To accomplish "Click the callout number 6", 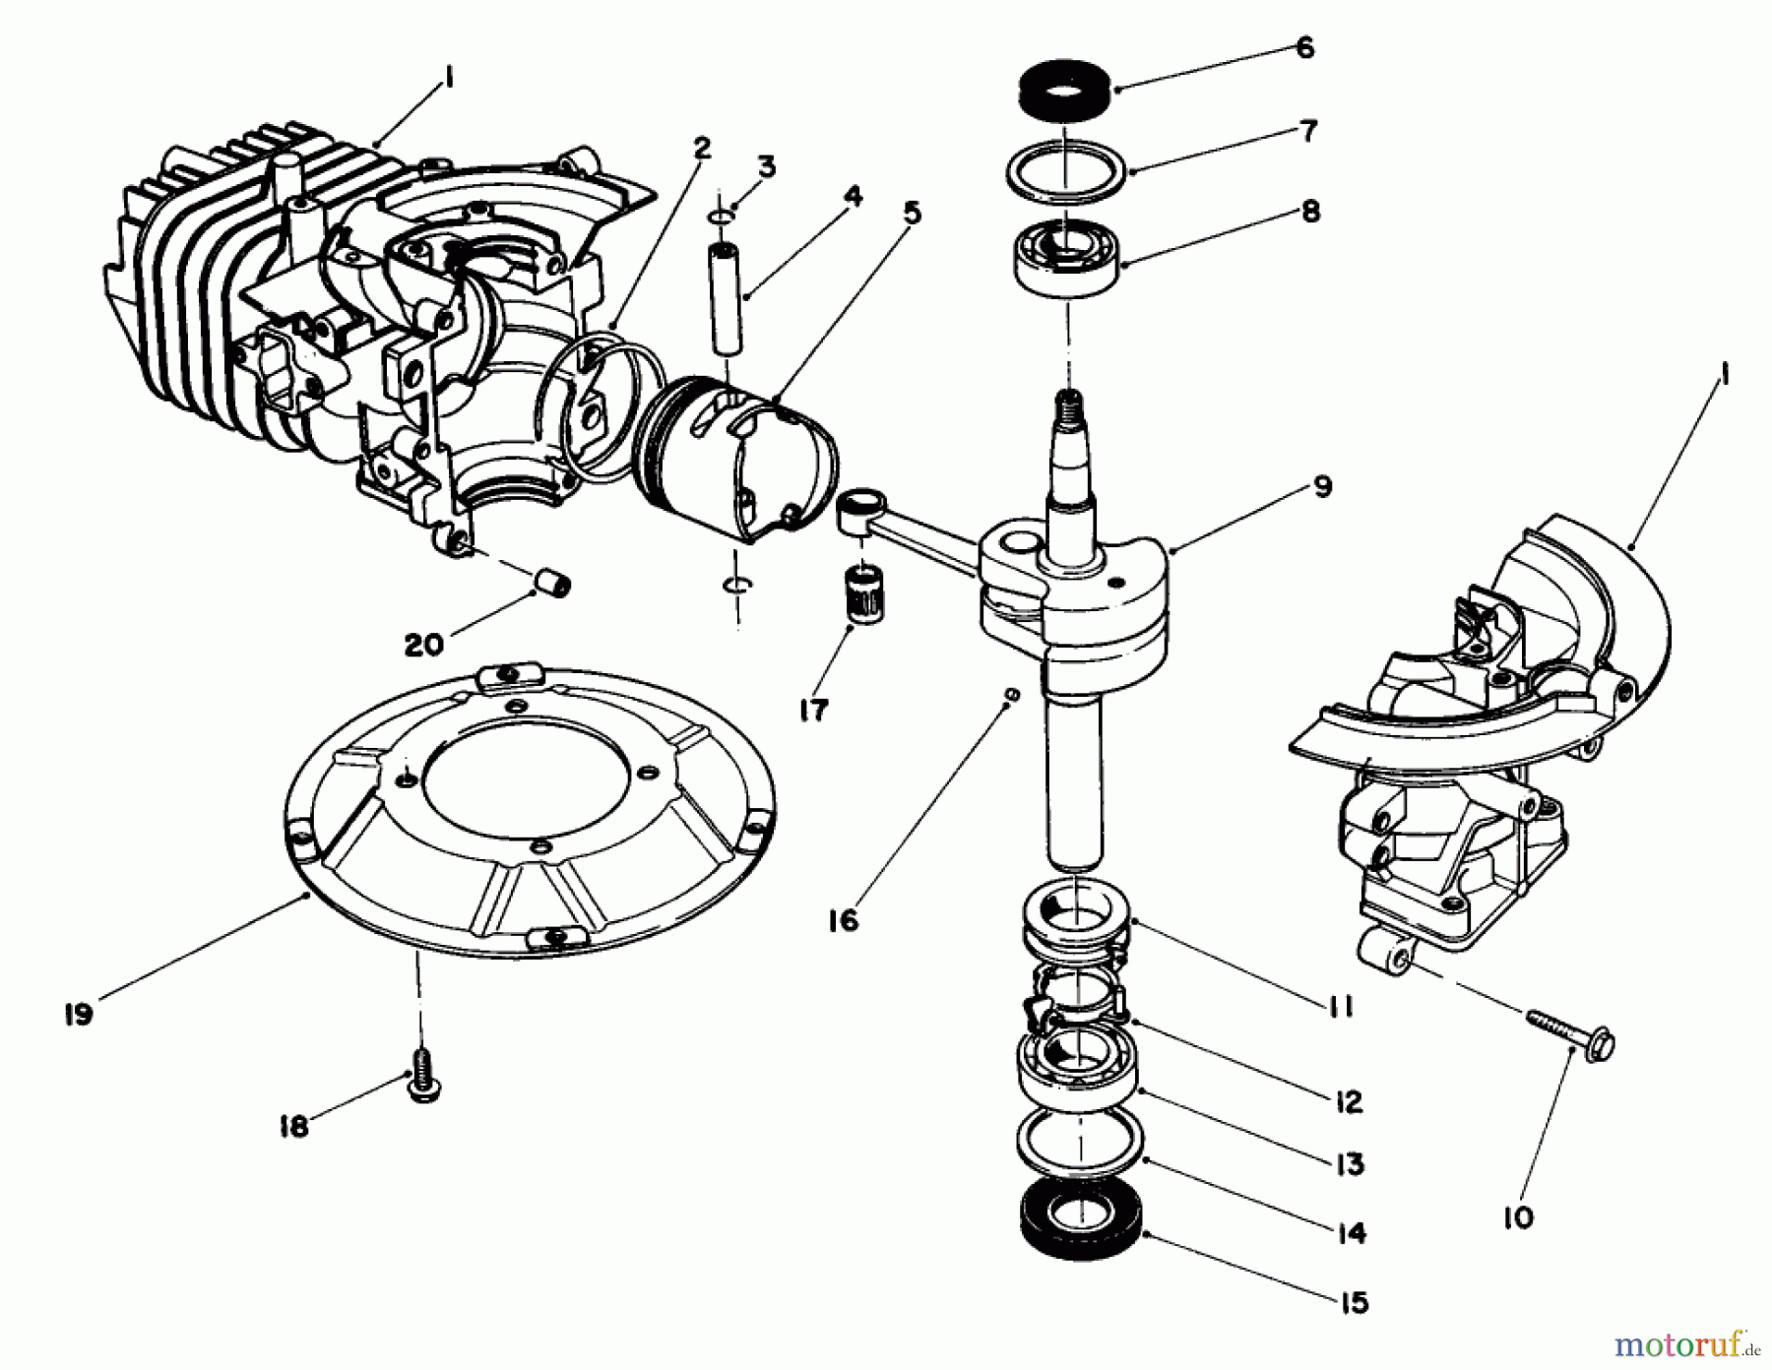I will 1304,48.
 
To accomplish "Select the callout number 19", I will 78,1014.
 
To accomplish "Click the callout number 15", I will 1355,1303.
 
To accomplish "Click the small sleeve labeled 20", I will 553,582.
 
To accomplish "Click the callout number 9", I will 1322,486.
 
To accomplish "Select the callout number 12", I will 1348,1101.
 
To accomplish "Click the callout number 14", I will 1353,1232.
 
